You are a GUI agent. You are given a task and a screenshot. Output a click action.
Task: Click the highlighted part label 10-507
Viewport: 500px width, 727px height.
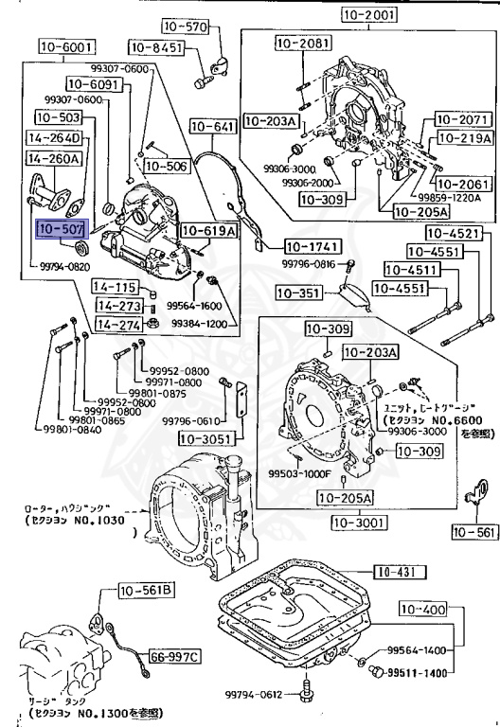pyautogui.click(x=62, y=229)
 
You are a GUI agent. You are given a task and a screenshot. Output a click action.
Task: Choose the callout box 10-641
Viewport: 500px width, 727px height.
pyautogui.click(x=212, y=125)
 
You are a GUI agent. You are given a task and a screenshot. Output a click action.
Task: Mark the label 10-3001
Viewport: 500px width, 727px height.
pyautogui.click(x=355, y=521)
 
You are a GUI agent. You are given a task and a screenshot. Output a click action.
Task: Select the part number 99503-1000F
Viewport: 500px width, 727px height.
pyautogui.click(x=298, y=473)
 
